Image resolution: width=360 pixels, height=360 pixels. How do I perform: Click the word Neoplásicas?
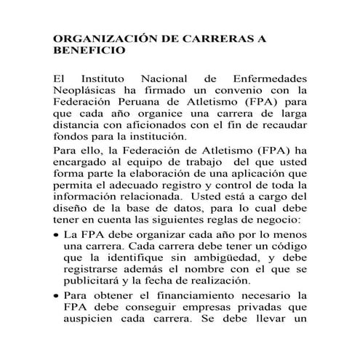pos(89,90)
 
